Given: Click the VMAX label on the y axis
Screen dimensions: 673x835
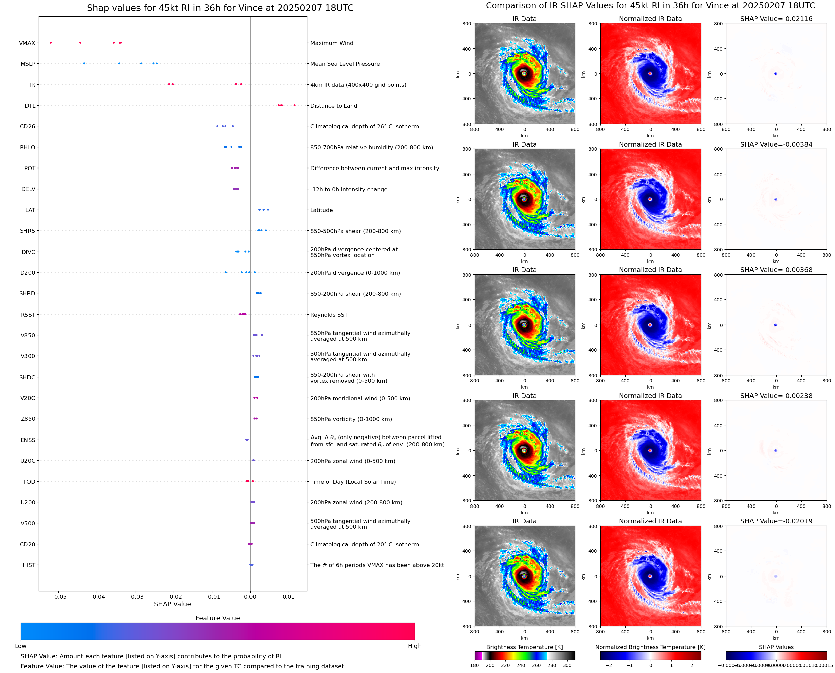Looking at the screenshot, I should pyautogui.click(x=27, y=43).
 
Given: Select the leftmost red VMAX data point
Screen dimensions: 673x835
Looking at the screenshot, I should pyautogui.click(x=51, y=43).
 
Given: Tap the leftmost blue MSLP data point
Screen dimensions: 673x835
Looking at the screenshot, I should pyautogui.click(x=84, y=64).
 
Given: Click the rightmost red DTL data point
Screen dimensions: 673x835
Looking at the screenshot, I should pyautogui.click(x=294, y=106).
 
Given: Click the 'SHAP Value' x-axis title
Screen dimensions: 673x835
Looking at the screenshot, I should pyautogui.click(x=172, y=604).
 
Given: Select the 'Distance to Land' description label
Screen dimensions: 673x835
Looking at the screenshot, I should pyautogui.click(x=333, y=106).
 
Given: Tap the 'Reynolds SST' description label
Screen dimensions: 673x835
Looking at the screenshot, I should pyautogui.click(x=329, y=315).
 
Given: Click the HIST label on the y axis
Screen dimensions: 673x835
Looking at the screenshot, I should pyautogui.click(x=29, y=565).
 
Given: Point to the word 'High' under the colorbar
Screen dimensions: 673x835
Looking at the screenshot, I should pyautogui.click(x=414, y=646).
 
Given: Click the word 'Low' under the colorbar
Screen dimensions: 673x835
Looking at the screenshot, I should pyautogui.click(x=20, y=646).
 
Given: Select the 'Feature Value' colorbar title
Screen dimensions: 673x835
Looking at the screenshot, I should pyautogui.click(x=217, y=618).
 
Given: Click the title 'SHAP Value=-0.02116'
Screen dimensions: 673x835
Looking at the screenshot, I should pyautogui.click(x=776, y=19).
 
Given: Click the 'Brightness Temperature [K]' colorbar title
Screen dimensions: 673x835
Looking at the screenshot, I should pyautogui.click(x=524, y=647).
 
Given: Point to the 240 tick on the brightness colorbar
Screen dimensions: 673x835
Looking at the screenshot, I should pyautogui.click(x=521, y=665).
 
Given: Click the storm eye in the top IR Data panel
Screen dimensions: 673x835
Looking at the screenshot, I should pyautogui.click(x=524, y=73).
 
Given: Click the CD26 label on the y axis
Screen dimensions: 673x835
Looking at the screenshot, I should pyautogui.click(x=27, y=126).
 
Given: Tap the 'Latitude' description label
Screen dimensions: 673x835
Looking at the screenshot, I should pyautogui.click(x=321, y=210).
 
